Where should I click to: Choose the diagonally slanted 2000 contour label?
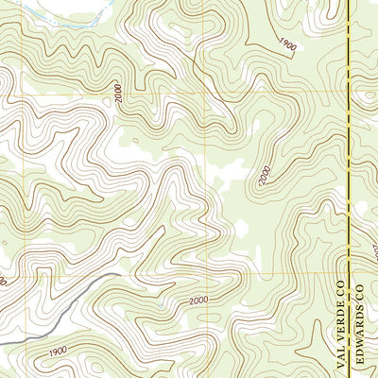pyautogui.click(x=264, y=175)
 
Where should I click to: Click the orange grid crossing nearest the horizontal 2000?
pyautogui.click(x=204, y=274)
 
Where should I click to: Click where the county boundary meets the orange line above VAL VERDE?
pyautogui.click(x=349, y=274)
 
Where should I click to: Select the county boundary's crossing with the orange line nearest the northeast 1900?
pyautogui.click(x=349, y=93)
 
